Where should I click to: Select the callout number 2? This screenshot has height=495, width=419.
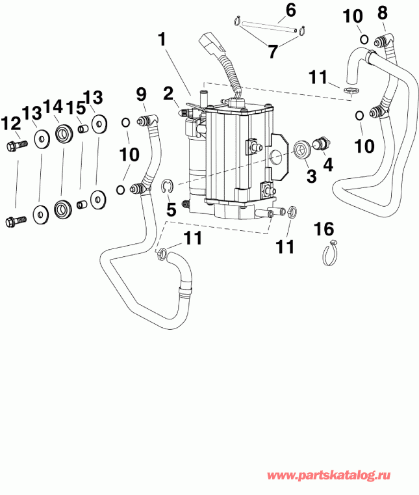pyautogui.click(x=168, y=94)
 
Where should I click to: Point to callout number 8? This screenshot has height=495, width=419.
pyautogui.click(x=382, y=12)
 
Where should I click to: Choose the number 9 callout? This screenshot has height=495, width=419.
pyautogui.click(x=142, y=94)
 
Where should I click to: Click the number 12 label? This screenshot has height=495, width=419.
pyautogui.click(x=10, y=122)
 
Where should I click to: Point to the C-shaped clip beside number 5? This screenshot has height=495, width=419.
pyautogui.click(x=166, y=188)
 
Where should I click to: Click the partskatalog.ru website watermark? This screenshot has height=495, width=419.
pyautogui.click(x=338, y=477)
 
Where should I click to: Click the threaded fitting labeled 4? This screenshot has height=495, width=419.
pyautogui.click(x=321, y=143)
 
